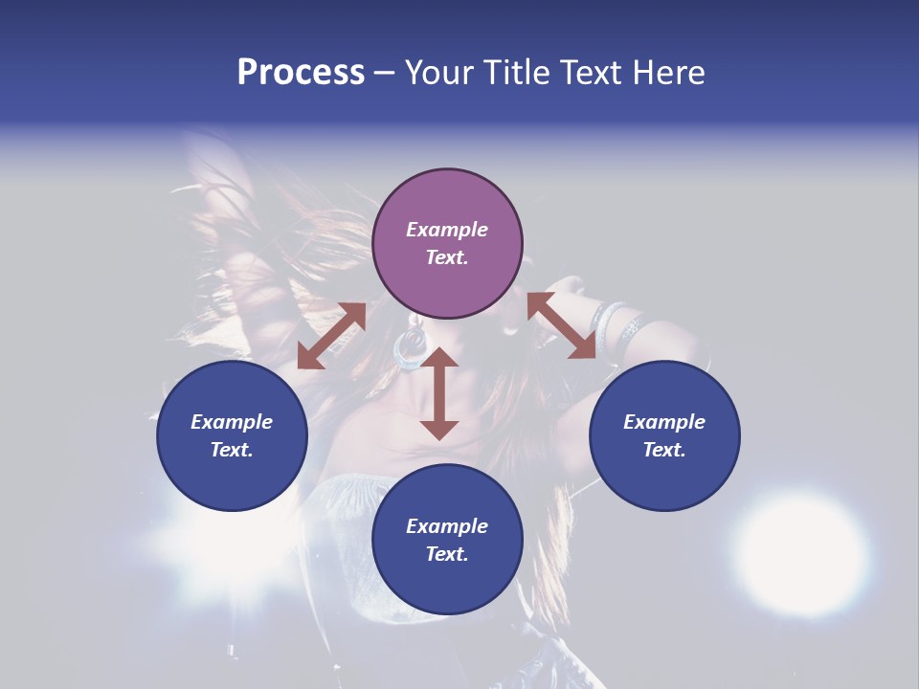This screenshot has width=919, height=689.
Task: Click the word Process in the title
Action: [x=301, y=73]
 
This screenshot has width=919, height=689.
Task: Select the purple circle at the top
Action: [x=447, y=244]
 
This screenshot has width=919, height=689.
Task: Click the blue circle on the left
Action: [x=232, y=435]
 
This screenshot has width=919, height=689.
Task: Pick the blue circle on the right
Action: [x=664, y=435]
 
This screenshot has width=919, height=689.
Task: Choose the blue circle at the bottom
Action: [x=447, y=540]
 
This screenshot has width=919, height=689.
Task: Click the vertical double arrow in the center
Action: [x=439, y=393]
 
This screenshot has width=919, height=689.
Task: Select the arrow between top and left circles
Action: [x=331, y=336]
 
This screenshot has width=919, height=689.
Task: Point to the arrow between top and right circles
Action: [x=562, y=326]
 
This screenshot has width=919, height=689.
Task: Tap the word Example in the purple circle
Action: [x=447, y=230]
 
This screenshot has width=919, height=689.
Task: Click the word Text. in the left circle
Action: [x=232, y=450]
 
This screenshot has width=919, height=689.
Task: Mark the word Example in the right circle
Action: [x=664, y=422]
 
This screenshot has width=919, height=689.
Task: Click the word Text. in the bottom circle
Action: [x=447, y=554]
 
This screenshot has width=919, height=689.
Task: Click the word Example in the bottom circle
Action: [x=447, y=526]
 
